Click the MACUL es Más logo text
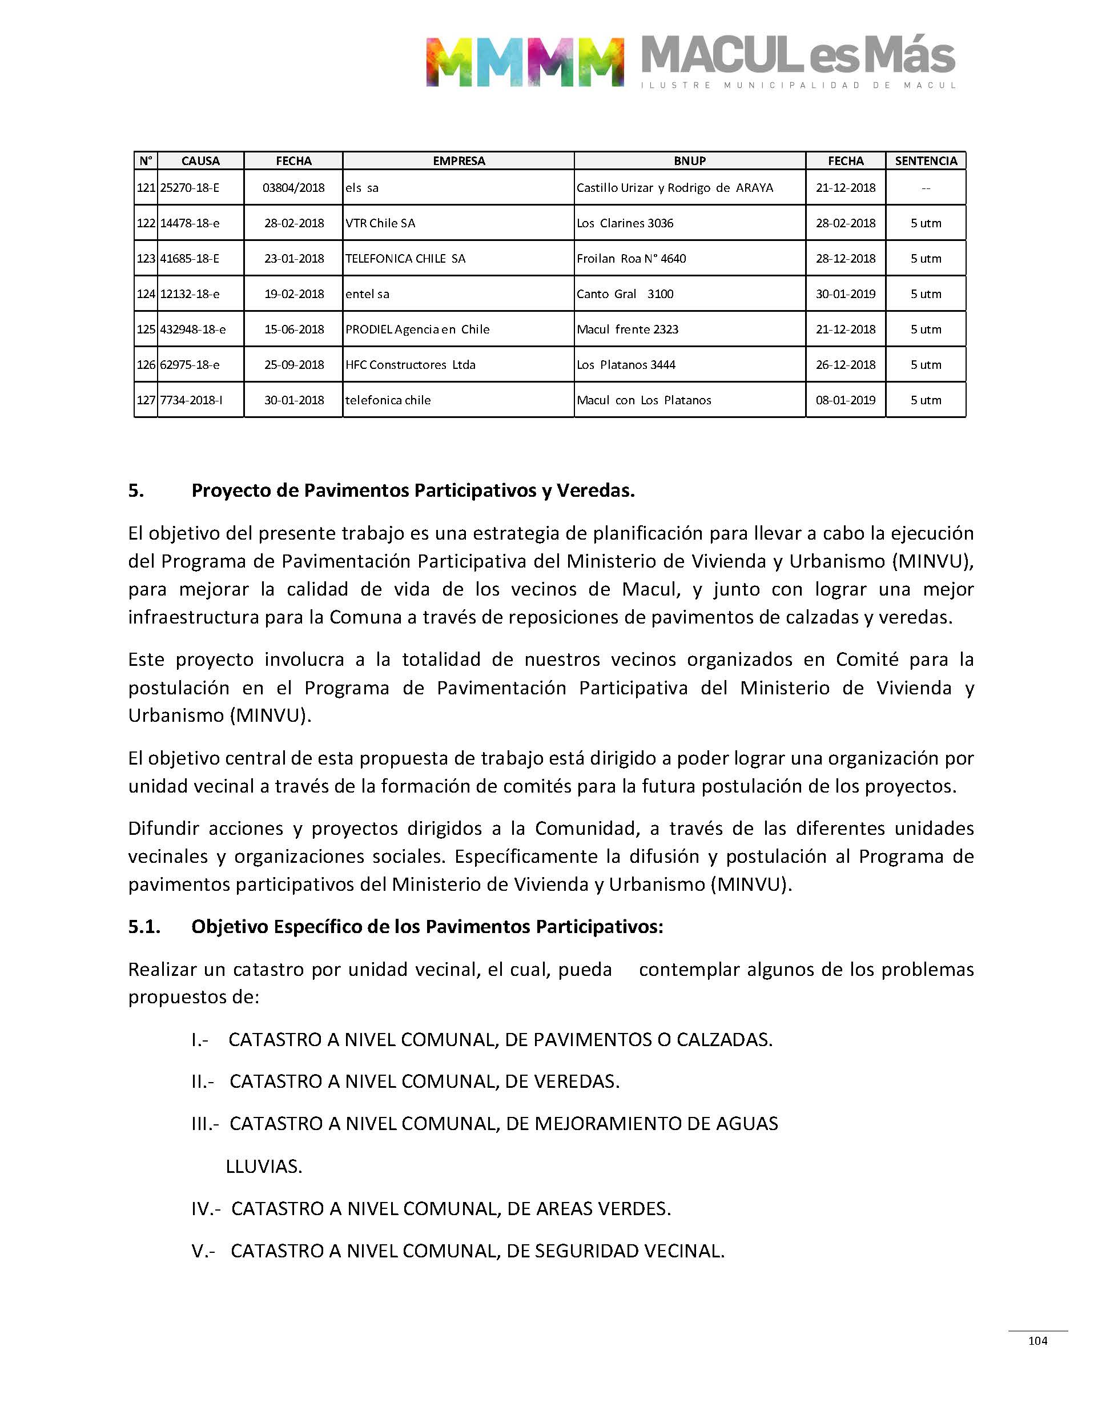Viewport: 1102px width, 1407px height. pos(798,57)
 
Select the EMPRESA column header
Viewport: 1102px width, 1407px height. pos(459,160)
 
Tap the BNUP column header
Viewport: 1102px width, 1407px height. pos(690,160)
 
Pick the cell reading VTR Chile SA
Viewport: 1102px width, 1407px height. pos(380,223)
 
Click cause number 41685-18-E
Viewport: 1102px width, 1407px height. pos(190,259)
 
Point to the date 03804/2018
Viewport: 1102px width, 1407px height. pos(293,188)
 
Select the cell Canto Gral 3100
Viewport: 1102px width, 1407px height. pos(625,294)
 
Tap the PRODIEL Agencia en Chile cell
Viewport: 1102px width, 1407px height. pos(417,329)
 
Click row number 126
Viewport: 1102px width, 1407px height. pos(146,365)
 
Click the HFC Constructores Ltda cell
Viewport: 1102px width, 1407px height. pos(410,365)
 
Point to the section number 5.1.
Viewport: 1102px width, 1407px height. pos(144,927)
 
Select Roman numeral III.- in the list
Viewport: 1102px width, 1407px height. pos(205,1124)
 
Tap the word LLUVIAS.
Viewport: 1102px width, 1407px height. pos(263,1167)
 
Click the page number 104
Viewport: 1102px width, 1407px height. pos(1037,1341)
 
